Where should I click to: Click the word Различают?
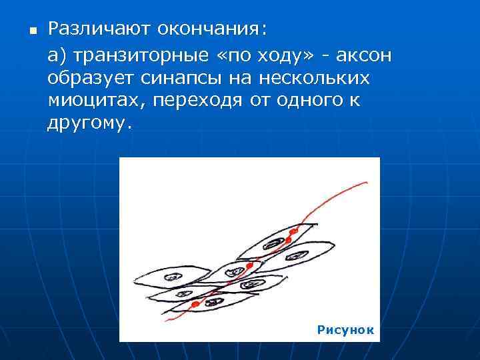click(100, 29)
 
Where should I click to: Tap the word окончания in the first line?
click(211, 29)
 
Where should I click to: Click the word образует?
click(91, 79)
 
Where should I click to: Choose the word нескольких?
click(313, 79)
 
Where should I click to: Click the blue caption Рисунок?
click(345, 330)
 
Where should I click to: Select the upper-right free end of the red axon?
click(366, 181)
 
